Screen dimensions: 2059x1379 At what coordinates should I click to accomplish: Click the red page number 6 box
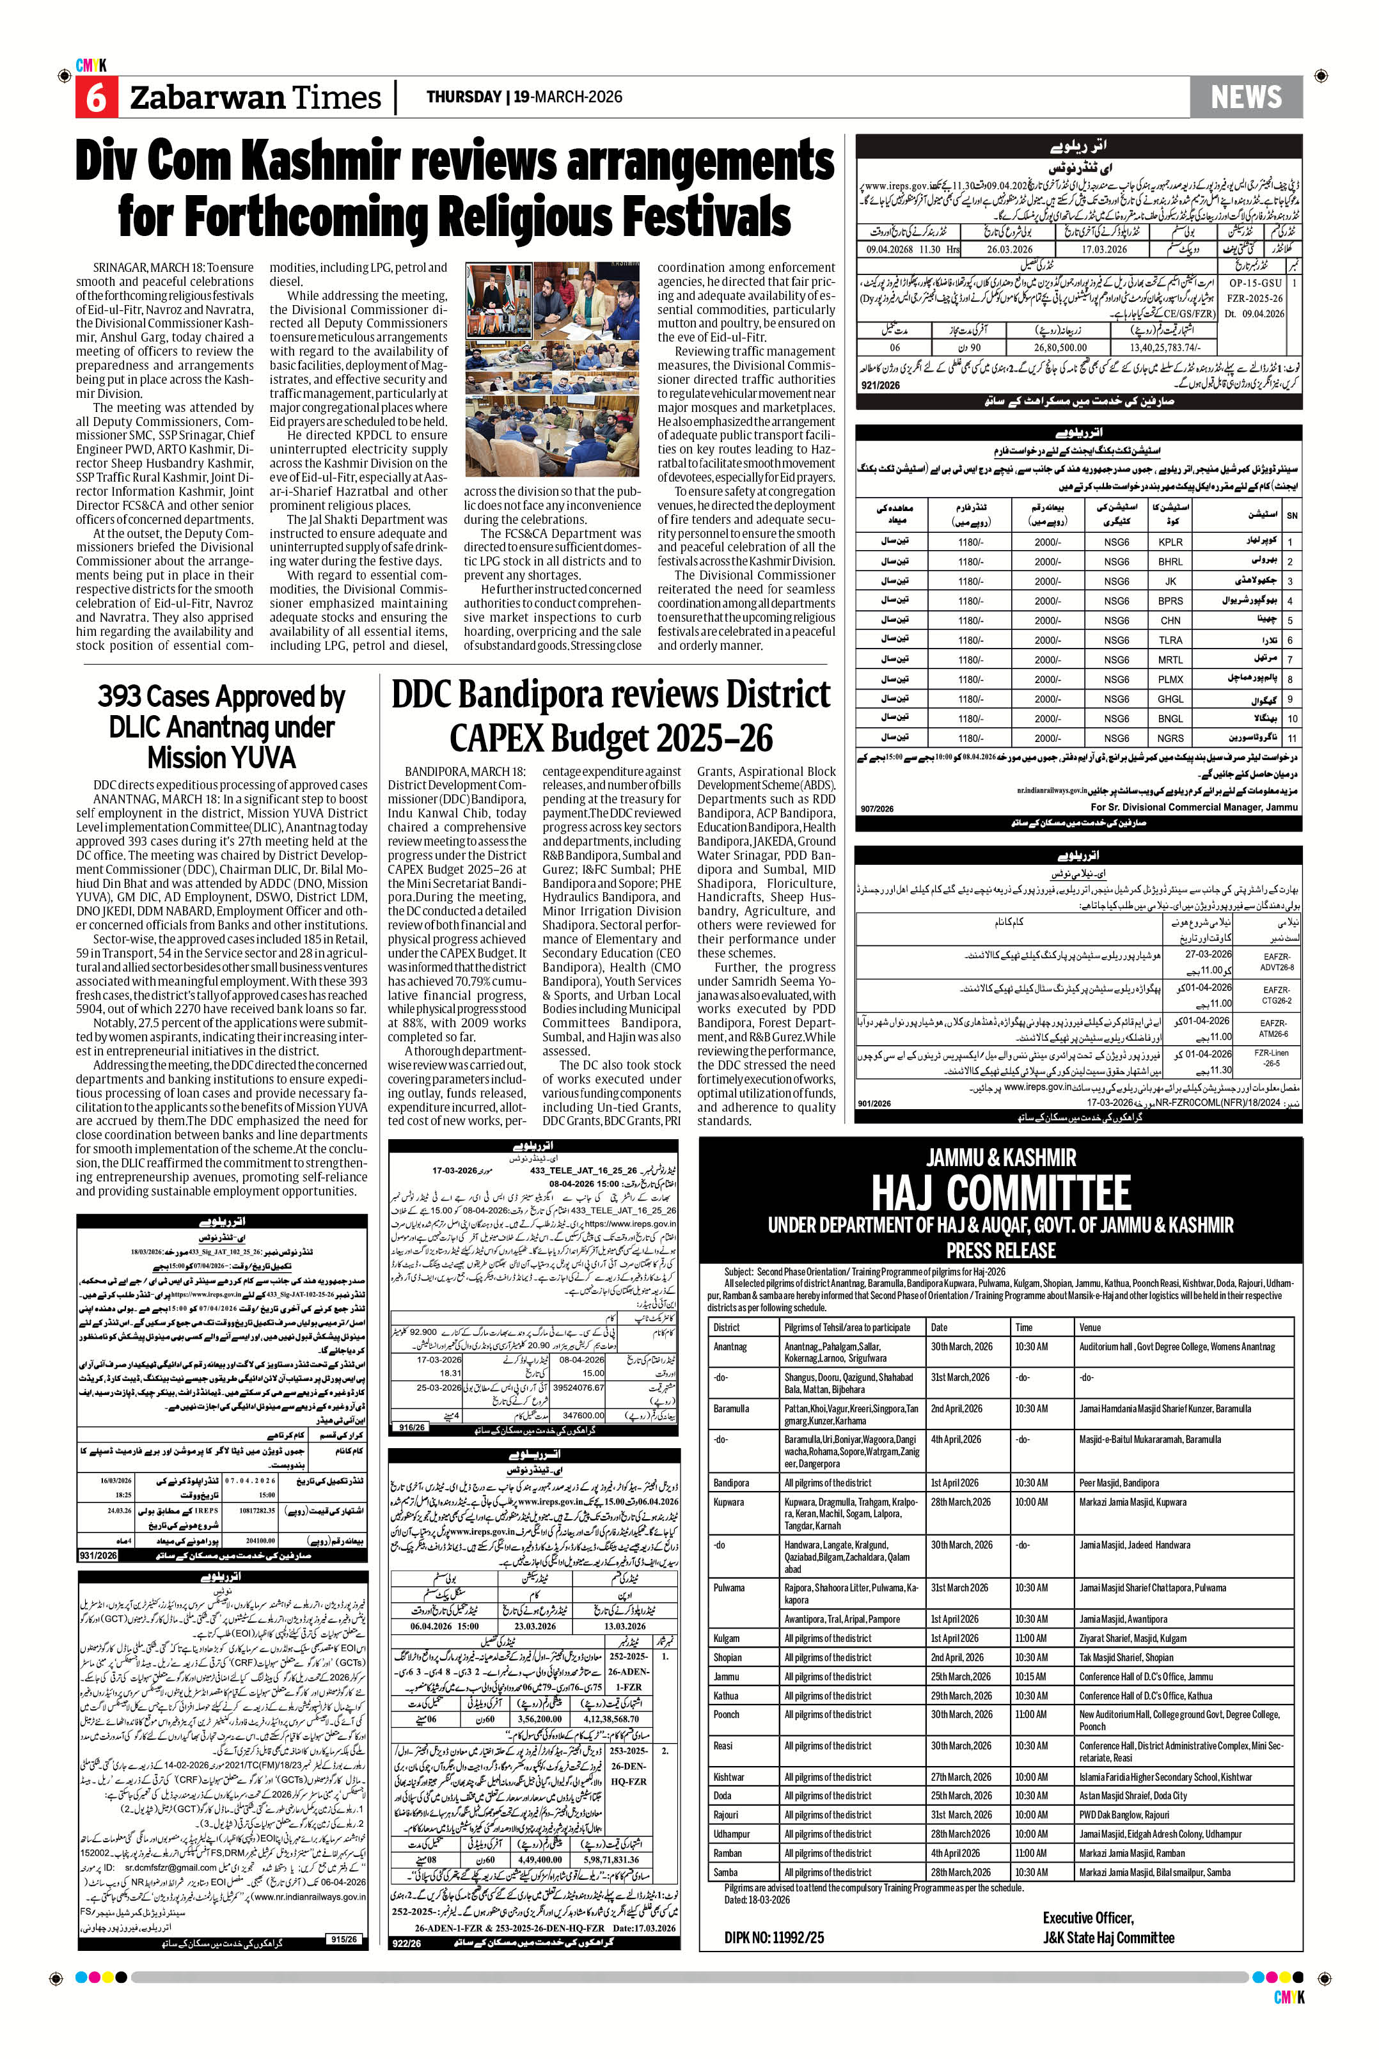coord(95,97)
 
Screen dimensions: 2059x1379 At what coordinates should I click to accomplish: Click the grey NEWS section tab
coord(1245,97)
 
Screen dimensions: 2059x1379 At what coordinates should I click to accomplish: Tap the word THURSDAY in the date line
coord(464,97)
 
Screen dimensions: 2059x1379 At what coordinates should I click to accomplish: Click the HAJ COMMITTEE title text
coord(1001,1193)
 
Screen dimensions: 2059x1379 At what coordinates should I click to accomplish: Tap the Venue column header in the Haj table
coord(1090,1327)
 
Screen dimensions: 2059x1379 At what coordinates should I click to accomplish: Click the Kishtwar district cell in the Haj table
coord(729,1777)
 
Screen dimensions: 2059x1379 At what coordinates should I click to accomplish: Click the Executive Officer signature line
coord(1088,1918)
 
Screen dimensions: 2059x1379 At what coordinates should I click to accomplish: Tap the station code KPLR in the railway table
coord(1170,542)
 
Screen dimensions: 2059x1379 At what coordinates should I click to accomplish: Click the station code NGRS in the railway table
coord(1170,738)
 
